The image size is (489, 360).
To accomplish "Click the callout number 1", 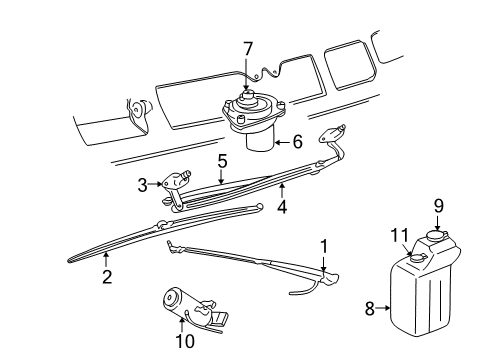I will click(323, 245).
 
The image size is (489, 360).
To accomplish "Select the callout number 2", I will click(105, 276).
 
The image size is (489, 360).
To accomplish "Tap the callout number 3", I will click(144, 183).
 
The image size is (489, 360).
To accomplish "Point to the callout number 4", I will click(283, 208).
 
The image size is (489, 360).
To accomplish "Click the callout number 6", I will click(298, 144).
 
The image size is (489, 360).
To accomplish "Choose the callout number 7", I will click(249, 47).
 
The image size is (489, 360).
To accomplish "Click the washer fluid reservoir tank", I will click(420, 300).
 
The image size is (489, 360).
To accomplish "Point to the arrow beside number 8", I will click(381, 309).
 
